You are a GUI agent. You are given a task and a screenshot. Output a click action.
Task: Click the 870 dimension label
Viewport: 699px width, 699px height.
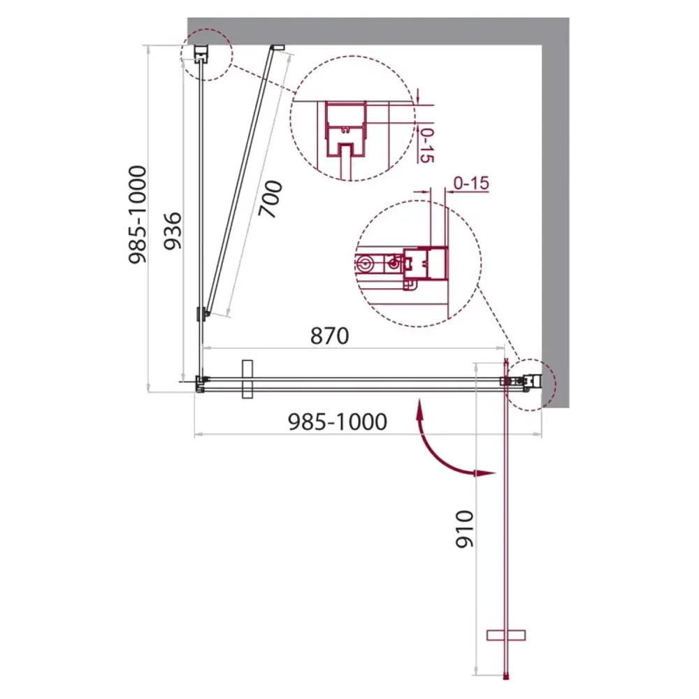click(x=329, y=336)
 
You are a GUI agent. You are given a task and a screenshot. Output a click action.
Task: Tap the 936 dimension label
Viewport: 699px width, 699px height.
click(x=173, y=231)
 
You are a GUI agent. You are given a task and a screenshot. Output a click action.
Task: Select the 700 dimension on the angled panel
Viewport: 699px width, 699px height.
click(x=271, y=199)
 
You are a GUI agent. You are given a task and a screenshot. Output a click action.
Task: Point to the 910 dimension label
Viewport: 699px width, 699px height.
click(x=464, y=528)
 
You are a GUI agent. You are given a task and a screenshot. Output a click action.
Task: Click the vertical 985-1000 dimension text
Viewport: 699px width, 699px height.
click(x=137, y=215)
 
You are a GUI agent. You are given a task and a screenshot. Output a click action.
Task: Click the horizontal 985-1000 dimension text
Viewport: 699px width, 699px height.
click(x=338, y=421)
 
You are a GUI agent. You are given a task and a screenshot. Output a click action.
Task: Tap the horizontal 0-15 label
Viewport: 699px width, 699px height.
click(x=471, y=182)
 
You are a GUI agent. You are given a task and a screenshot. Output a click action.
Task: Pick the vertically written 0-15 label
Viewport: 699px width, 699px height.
click(x=426, y=145)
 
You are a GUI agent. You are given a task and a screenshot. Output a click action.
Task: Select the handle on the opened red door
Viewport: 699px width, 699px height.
click(x=506, y=635)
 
